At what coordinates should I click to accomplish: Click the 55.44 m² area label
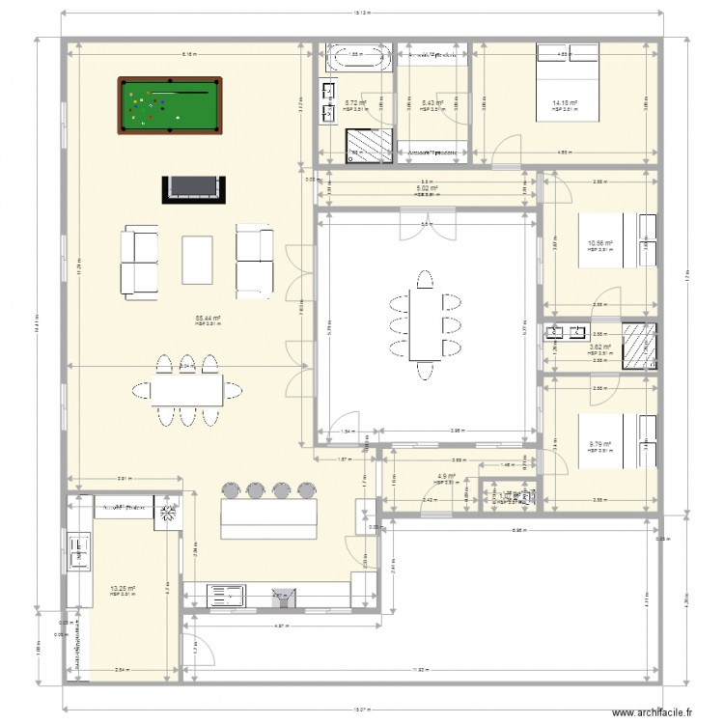tap(209, 318)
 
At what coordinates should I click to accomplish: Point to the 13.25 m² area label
tap(123, 588)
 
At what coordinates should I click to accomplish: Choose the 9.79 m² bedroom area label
tap(599, 445)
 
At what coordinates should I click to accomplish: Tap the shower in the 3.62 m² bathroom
tap(640, 344)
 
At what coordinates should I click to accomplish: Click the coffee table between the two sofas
tap(197, 259)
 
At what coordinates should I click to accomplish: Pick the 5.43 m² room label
tap(432, 102)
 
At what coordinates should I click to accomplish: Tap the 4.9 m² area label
tap(445, 476)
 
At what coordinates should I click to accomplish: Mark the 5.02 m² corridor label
tap(427, 188)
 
